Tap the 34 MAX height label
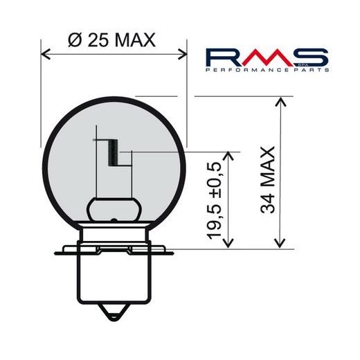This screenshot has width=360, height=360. click(269, 179)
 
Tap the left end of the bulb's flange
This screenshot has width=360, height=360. click(58, 248)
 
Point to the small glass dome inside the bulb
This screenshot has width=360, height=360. click(114, 208)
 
